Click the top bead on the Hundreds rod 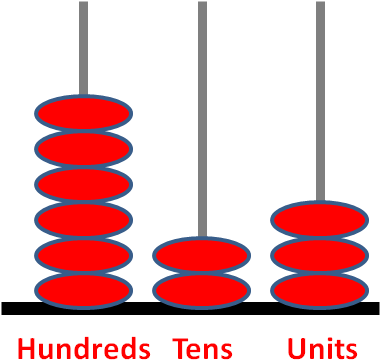(x=84, y=113)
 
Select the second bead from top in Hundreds (x=84, y=149)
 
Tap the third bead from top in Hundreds (x=84, y=184)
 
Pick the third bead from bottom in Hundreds (x=84, y=220)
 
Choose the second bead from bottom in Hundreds (x=84, y=255)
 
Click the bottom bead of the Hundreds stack (x=84, y=291)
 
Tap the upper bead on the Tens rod (x=201, y=255)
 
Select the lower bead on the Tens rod (x=201, y=291)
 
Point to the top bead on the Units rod (x=320, y=220)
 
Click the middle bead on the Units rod (x=320, y=255)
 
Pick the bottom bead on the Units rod (x=320, y=291)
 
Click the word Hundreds (x=84, y=347)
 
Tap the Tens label (x=203, y=348)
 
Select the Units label (x=322, y=348)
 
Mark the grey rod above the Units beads (x=320, y=100)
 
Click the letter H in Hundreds (x=26, y=348)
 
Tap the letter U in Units (x=296, y=348)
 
